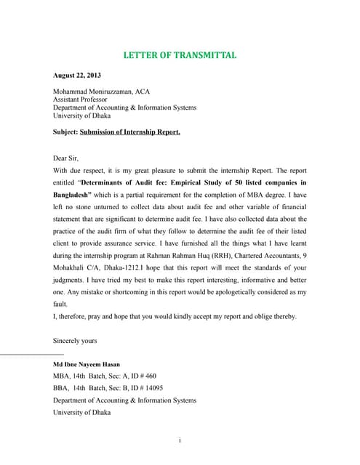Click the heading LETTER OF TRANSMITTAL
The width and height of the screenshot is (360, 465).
coord(180,55)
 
